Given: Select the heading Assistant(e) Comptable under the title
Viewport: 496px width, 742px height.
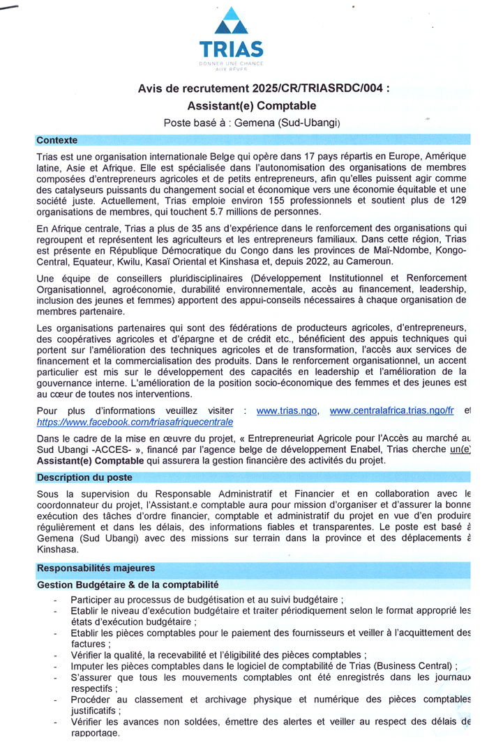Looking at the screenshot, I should click(252, 106).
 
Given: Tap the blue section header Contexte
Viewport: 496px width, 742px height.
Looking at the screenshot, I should click(57, 140).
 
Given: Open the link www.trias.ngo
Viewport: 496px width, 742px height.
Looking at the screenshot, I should click(287, 410).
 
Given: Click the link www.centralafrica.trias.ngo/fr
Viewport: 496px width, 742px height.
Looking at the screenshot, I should click(391, 410).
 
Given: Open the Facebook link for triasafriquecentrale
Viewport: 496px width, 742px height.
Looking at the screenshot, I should click(135, 422).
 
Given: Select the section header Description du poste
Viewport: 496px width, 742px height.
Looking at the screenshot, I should click(84, 477).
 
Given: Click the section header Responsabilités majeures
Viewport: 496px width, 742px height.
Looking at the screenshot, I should click(96, 568).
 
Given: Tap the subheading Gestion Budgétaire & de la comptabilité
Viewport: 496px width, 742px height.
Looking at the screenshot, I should click(128, 585).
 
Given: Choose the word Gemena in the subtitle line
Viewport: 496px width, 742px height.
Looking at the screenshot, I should click(255, 123).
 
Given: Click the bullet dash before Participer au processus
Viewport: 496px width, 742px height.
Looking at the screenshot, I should click(56, 600).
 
